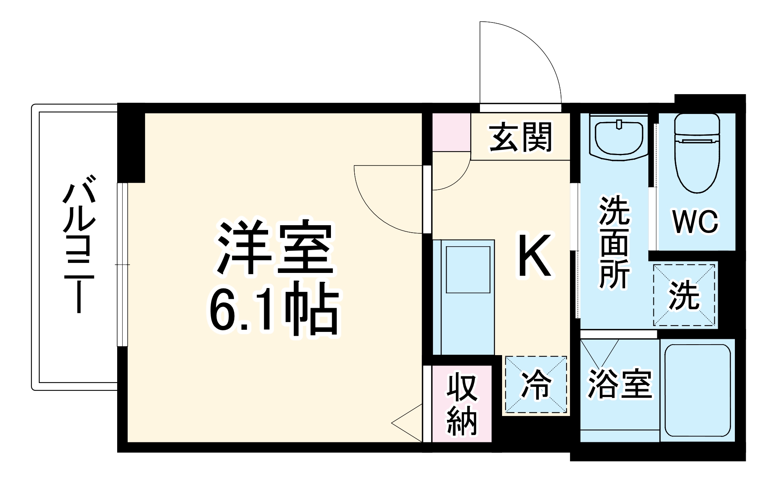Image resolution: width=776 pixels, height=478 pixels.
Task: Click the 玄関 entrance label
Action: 520,137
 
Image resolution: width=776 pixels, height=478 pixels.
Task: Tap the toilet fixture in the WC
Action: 697,155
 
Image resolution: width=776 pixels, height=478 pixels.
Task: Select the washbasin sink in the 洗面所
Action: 618,138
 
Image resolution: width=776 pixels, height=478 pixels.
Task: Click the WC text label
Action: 696,223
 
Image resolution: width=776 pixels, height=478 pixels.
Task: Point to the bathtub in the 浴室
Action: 698,391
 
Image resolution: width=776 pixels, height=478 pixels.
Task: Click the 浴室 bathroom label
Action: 620,383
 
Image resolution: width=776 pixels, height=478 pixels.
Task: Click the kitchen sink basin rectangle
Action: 468,269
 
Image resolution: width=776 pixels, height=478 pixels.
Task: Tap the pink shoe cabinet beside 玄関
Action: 451,132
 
